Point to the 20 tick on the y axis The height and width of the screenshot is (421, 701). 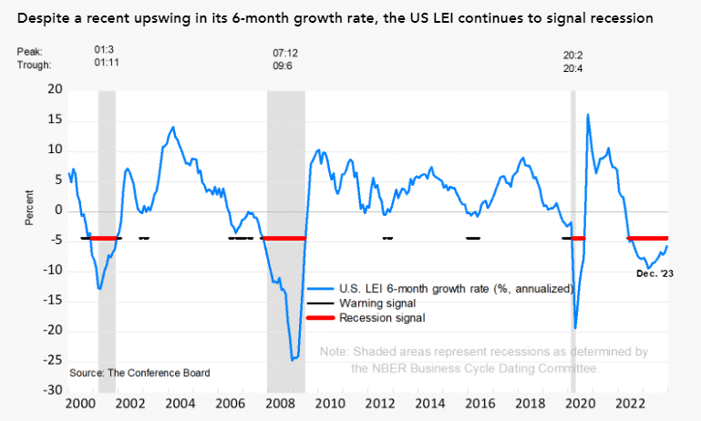(x=56, y=90)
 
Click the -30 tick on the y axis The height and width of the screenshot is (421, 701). (x=54, y=390)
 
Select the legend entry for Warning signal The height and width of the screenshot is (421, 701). (x=377, y=303)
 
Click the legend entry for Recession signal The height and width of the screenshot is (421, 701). (x=381, y=318)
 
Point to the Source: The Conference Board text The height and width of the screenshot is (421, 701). (x=139, y=373)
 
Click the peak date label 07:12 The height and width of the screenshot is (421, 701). (x=285, y=53)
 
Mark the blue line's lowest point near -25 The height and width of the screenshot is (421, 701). (x=293, y=360)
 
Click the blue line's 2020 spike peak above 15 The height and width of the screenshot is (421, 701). (x=587, y=114)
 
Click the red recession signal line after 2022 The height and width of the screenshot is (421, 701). (x=648, y=238)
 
